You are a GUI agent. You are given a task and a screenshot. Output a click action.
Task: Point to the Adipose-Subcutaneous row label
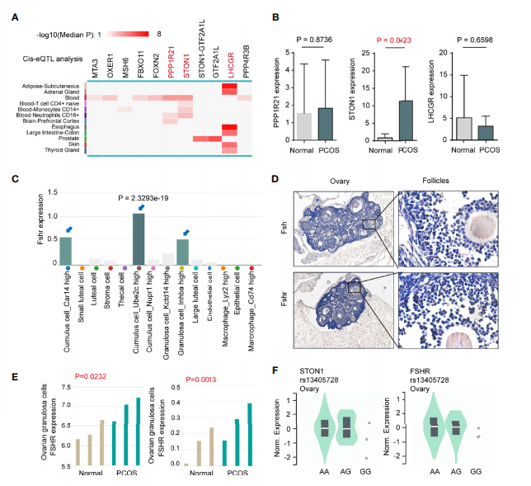[x=49, y=85]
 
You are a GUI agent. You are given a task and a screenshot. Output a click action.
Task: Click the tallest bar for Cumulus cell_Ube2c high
[x=139, y=238]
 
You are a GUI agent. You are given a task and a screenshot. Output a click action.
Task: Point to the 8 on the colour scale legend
[x=157, y=35]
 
